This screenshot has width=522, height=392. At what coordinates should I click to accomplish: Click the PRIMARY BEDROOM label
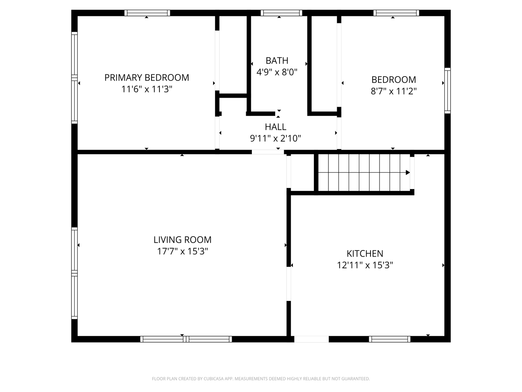[147, 78]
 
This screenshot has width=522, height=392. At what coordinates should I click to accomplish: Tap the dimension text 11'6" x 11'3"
[147, 89]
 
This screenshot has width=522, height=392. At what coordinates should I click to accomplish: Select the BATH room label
[277, 61]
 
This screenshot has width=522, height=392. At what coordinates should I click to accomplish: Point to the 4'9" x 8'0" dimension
[277, 72]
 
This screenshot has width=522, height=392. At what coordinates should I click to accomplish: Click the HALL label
[275, 127]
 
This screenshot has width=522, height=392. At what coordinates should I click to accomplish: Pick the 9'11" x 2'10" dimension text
[275, 138]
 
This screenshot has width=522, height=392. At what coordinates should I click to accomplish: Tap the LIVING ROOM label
[182, 240]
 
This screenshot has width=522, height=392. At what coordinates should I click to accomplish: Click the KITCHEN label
[365, 253]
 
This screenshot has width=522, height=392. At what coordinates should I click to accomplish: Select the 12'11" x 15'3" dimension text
[365, 265]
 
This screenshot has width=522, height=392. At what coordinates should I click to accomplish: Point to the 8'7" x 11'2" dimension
[394, 91]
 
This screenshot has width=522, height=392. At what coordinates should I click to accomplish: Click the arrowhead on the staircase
[407, 172]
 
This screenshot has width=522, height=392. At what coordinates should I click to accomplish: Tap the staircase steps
[364, 172]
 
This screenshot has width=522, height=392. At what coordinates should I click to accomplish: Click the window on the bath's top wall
[281, 13]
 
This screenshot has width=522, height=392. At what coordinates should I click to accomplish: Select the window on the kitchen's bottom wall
[390, 339]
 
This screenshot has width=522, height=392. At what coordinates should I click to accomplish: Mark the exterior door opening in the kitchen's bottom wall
[311, 339]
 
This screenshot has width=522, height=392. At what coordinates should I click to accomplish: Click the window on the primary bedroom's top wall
[147, 13]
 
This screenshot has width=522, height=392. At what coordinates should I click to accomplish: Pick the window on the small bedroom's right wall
[447, 90]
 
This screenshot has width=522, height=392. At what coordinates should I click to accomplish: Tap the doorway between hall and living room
[268, 152]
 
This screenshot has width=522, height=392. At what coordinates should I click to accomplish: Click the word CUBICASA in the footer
[213, 379]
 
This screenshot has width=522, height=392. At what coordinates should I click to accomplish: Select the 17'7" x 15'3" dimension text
[182, 251]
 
